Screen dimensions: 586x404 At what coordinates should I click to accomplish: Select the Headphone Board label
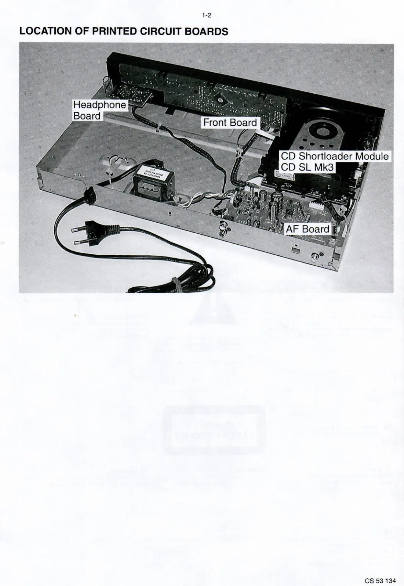coord(99,110)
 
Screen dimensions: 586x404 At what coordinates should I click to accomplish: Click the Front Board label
coord(230,122)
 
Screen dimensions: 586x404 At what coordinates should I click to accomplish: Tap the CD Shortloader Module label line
coord(334,156)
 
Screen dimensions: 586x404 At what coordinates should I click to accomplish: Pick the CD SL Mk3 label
coord(307,167)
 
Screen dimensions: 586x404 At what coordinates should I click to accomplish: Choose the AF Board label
coord(307,229)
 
